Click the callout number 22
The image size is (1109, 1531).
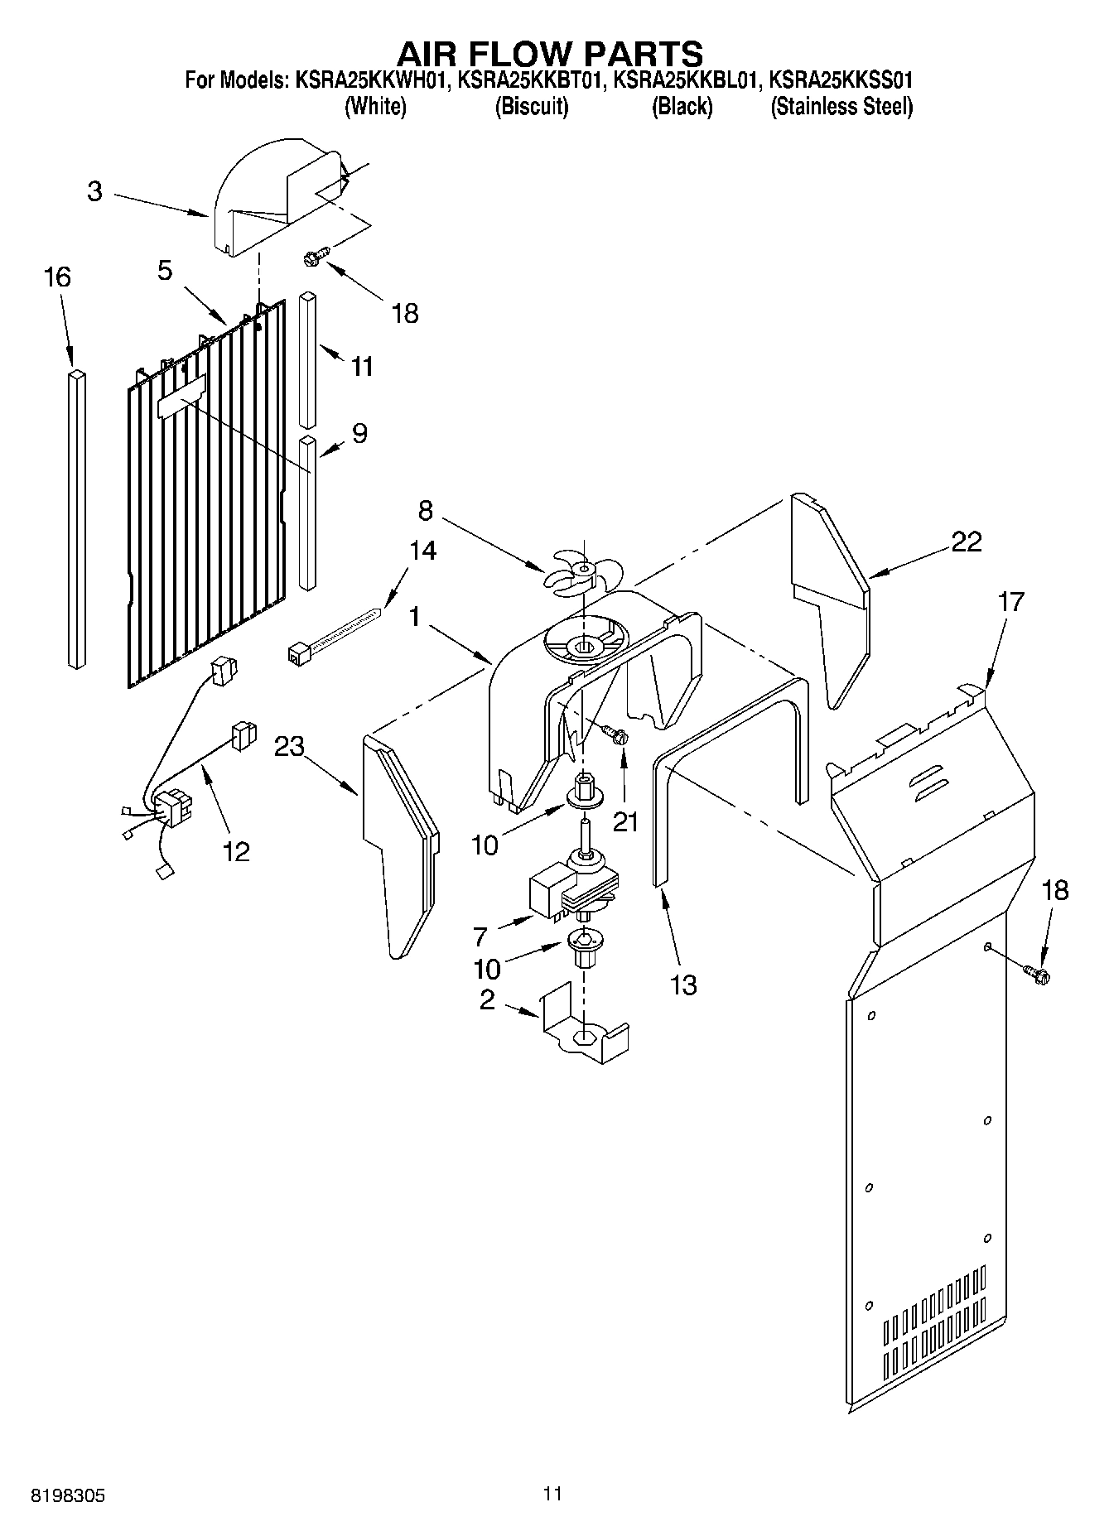(966, 542)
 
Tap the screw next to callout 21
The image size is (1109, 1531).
(614, 733)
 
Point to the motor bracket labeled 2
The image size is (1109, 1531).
(583, 1027)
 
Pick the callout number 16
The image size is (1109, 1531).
(57, 277)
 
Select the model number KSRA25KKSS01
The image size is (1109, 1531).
(841, 81)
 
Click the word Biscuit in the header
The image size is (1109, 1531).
(531, 107)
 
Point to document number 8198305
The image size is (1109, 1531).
(67, 1495)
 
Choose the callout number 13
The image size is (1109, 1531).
(684, 985)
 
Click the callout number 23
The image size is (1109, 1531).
(289, 746)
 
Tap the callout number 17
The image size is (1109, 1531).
(1011, 602)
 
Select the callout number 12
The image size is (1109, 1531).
(236, 851)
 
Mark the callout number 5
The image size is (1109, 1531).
(165, 270)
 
